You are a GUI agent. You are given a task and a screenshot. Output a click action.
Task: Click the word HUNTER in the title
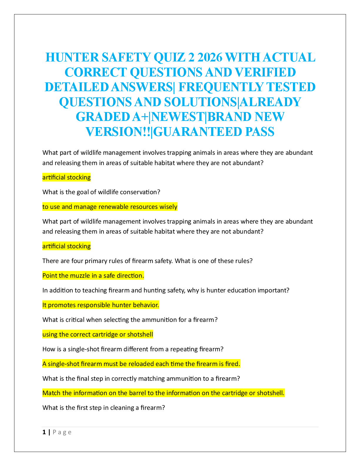click(72, 57)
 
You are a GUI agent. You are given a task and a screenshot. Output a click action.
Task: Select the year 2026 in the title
click(209, 57)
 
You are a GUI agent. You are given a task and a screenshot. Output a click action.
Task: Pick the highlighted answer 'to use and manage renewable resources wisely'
click(110, 207)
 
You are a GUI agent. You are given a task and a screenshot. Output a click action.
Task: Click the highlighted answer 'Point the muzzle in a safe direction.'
click(93, 275)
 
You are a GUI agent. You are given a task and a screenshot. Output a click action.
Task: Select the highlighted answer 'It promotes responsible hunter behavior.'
click(101, 305)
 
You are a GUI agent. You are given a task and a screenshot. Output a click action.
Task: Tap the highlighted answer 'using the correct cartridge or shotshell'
click(98, 334)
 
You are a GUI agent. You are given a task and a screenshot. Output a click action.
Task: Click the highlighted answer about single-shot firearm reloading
click(141, 364)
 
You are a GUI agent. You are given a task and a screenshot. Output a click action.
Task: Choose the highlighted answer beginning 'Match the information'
click(164, 393)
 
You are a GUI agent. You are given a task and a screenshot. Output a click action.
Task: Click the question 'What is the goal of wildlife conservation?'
click(101, 192)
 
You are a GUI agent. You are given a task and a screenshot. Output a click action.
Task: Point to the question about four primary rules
click(148, 261)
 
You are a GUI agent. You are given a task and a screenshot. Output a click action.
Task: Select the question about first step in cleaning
click(104, 407)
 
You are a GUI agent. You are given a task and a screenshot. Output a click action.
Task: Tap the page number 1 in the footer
click(44, 432)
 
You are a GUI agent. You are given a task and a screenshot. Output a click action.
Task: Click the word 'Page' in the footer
click(62, 432)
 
